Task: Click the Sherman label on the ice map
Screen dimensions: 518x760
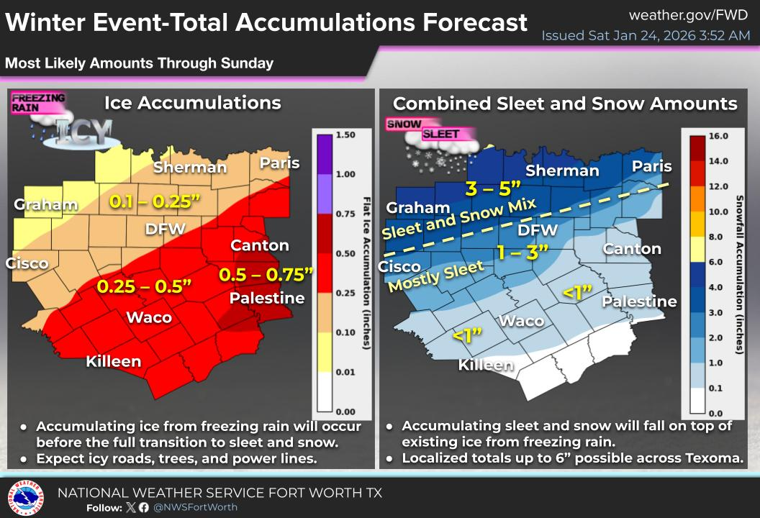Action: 190,168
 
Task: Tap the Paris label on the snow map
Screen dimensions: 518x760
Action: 651,166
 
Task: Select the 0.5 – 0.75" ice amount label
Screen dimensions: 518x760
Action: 266,274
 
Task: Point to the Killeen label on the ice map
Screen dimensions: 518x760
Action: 114,361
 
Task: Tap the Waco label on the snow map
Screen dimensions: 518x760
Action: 521,321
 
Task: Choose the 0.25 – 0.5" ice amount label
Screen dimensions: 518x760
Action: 144,286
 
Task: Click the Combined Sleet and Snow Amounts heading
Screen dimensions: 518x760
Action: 565,104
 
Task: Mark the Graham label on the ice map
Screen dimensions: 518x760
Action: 46,205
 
